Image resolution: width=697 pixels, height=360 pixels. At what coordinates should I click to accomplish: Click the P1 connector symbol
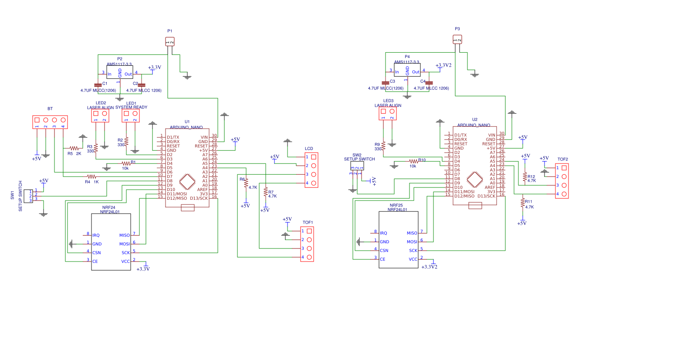coord(170,41)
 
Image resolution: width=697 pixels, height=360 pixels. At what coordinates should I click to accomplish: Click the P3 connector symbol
coord(457,40)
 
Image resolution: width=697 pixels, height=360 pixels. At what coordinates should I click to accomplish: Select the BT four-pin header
coord(50,122)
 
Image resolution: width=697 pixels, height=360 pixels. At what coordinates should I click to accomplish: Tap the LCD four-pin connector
coord(311,170)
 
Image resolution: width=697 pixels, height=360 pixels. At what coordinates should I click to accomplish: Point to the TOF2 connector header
coord(562,181)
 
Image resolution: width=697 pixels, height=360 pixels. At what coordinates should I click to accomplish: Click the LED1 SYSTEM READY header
coord(131,115)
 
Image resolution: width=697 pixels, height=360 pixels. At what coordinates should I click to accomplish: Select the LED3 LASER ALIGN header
coord(388,113)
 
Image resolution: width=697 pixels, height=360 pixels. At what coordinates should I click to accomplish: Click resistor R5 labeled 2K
coord(74,149)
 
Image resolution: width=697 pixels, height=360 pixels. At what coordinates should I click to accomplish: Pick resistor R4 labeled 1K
coord(91,177)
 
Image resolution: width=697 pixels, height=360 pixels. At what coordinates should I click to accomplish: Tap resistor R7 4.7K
coord(265,193)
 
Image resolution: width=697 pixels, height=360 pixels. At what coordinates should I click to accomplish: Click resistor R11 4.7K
coord(523,203)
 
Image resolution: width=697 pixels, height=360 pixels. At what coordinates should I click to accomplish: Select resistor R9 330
coord(383,146)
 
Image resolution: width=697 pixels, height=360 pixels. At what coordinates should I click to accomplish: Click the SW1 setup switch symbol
coord(28,196)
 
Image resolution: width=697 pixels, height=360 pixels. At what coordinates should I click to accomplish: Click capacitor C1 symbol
coord(98,85)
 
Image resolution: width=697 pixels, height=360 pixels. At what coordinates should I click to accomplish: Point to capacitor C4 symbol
coord(429,82)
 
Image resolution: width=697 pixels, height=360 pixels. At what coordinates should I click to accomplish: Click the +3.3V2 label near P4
coord(443,65)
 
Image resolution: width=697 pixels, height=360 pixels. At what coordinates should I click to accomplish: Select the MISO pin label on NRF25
coord(412,233)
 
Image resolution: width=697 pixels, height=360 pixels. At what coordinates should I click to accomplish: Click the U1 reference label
coord(187,122)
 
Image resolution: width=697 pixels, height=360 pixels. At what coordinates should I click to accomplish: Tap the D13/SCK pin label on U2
coord(486,196)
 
